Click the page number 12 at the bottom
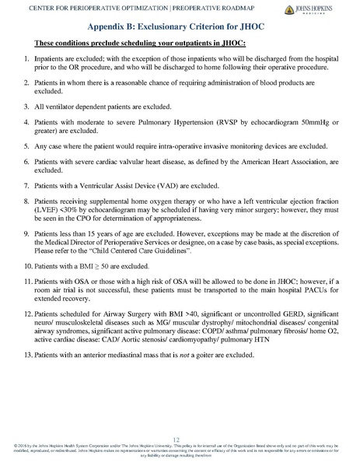pos(180,440)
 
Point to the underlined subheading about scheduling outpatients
pos(119,42)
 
